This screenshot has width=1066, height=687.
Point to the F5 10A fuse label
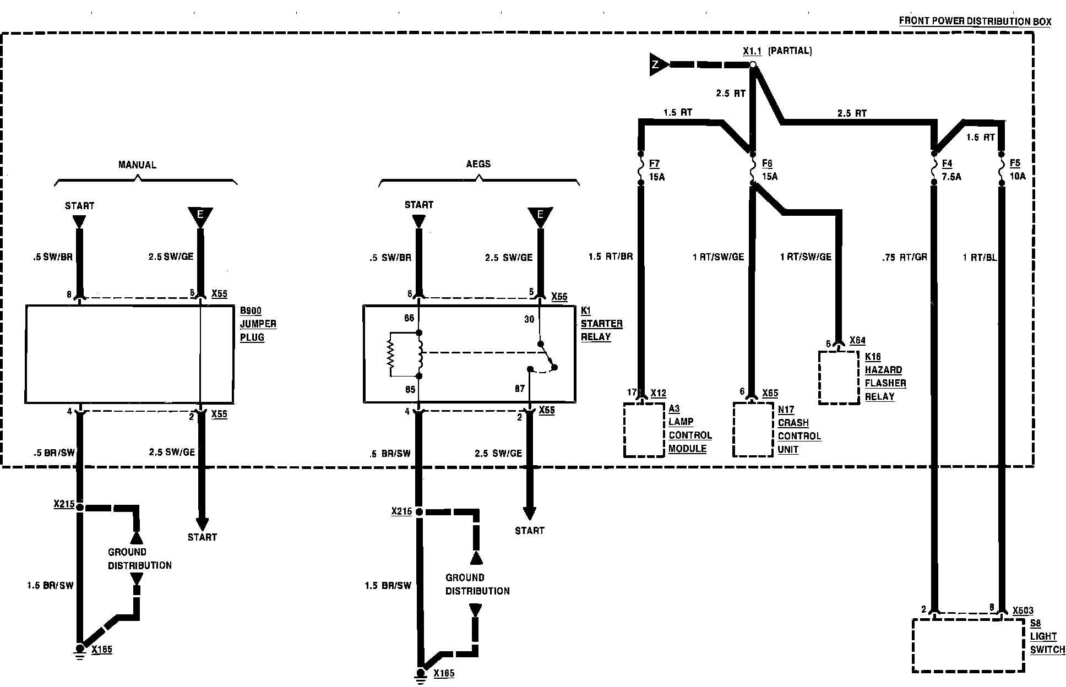[x=1018, y=170]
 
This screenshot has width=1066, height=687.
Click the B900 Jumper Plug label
[x=258, y=324]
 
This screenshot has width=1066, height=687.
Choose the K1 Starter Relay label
[x=601, y=324]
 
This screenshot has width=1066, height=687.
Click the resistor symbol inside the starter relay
[x=391, y=355]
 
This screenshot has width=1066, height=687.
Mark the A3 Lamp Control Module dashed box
[x=644, y=430]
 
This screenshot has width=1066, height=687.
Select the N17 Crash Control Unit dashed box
[x=753, y=430]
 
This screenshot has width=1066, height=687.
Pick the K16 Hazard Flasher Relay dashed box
[x=839, y=378]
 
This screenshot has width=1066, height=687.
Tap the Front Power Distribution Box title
[x=975, y=21]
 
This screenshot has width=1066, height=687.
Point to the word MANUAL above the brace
[x=137, y=165]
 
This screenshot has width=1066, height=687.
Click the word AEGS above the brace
[x=478, y=163]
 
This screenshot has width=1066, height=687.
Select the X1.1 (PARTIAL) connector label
[x=777, y=51]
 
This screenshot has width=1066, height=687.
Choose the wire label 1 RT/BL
[x=980, y=257]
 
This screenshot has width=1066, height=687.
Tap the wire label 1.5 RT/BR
[x=611, y=257]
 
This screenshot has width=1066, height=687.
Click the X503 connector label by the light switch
[x=1023, y=610]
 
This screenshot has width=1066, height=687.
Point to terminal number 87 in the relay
[x=520, y=389]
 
